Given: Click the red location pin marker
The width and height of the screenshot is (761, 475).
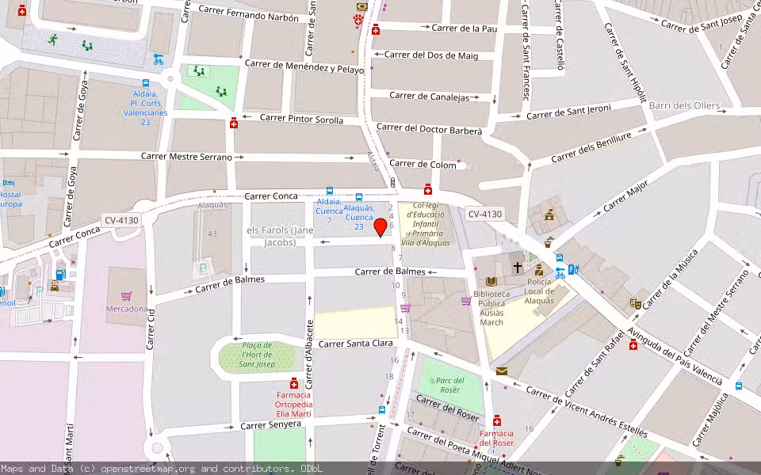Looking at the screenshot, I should (380, 227).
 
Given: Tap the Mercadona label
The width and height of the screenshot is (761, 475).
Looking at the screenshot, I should (127, 309).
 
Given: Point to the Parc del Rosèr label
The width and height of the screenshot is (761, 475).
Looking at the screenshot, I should (449, 385).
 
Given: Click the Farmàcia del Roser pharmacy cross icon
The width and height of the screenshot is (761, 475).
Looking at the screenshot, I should (497, 420).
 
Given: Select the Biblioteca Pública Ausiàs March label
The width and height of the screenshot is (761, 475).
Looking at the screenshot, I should (491, 308).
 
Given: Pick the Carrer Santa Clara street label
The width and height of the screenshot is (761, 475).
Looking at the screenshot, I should (356, 344).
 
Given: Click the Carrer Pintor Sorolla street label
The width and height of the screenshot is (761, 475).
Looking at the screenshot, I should (301, 119).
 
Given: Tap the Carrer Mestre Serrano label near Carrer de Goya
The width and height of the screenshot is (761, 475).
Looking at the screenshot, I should (186, 157).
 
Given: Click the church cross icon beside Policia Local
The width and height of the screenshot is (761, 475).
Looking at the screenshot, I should (518, 268).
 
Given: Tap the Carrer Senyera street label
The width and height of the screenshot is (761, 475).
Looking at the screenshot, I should (270, 424).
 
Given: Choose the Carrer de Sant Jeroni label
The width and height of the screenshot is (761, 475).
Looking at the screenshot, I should (568, 112).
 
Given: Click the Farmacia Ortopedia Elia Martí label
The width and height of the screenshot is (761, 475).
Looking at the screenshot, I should (294, 405).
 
